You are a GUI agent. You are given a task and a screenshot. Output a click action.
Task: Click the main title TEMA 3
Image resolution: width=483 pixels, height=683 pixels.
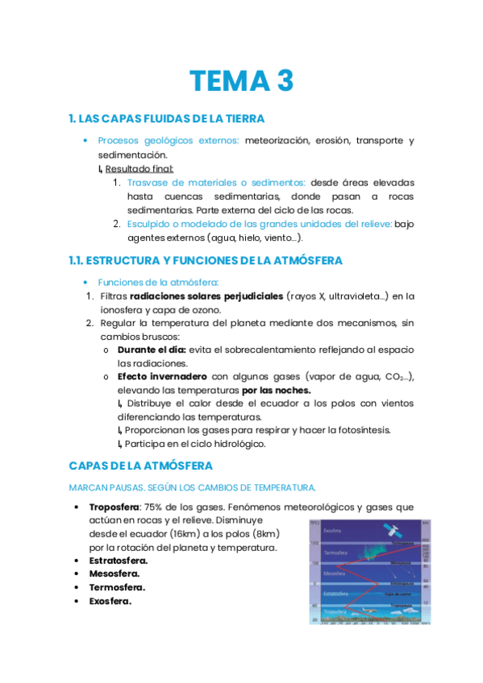(x=241, y=81)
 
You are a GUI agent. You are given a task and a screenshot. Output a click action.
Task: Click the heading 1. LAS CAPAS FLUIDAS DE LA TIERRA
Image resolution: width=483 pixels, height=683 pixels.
(x=167, y=118)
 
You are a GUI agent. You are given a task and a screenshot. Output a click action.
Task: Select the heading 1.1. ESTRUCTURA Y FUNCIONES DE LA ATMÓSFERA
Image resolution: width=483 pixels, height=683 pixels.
(x=206, y=260)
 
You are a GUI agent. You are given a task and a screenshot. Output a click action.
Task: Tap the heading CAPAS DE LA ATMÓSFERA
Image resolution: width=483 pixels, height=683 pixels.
(x=141, y=466)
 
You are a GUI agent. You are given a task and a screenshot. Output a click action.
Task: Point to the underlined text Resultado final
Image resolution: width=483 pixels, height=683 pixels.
(x=139, y=168)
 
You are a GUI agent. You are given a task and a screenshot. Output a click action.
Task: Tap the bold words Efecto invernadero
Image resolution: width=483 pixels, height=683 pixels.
(x=161, y=377)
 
